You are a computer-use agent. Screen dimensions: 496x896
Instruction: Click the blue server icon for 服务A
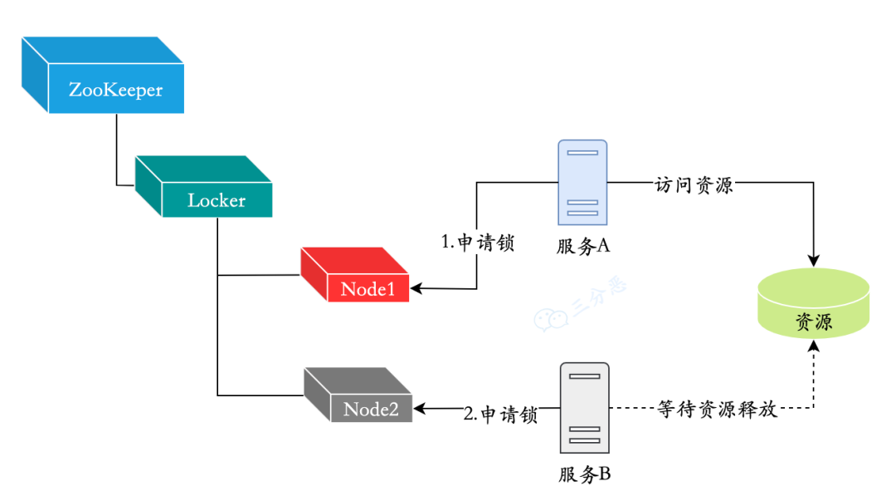click(x=582, y=182)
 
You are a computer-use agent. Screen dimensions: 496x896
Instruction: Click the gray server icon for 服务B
click(x=584, y=408)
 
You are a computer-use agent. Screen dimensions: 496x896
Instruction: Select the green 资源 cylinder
click(x=813, y=303)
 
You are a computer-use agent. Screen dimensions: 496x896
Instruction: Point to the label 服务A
click(x=583, y=246)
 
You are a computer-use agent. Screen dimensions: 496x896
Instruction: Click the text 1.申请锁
click(x=477, y=243)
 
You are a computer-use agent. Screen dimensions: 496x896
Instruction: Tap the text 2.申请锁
click(x=500, y=414)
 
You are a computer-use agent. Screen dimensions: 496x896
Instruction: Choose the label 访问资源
click(x=694, y=184)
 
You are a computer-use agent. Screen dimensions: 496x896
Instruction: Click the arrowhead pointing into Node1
click(x=416, y=289)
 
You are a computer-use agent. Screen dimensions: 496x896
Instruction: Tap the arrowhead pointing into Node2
click(x=420, y=409)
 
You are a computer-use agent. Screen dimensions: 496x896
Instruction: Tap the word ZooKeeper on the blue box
click(x=115, y=90)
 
